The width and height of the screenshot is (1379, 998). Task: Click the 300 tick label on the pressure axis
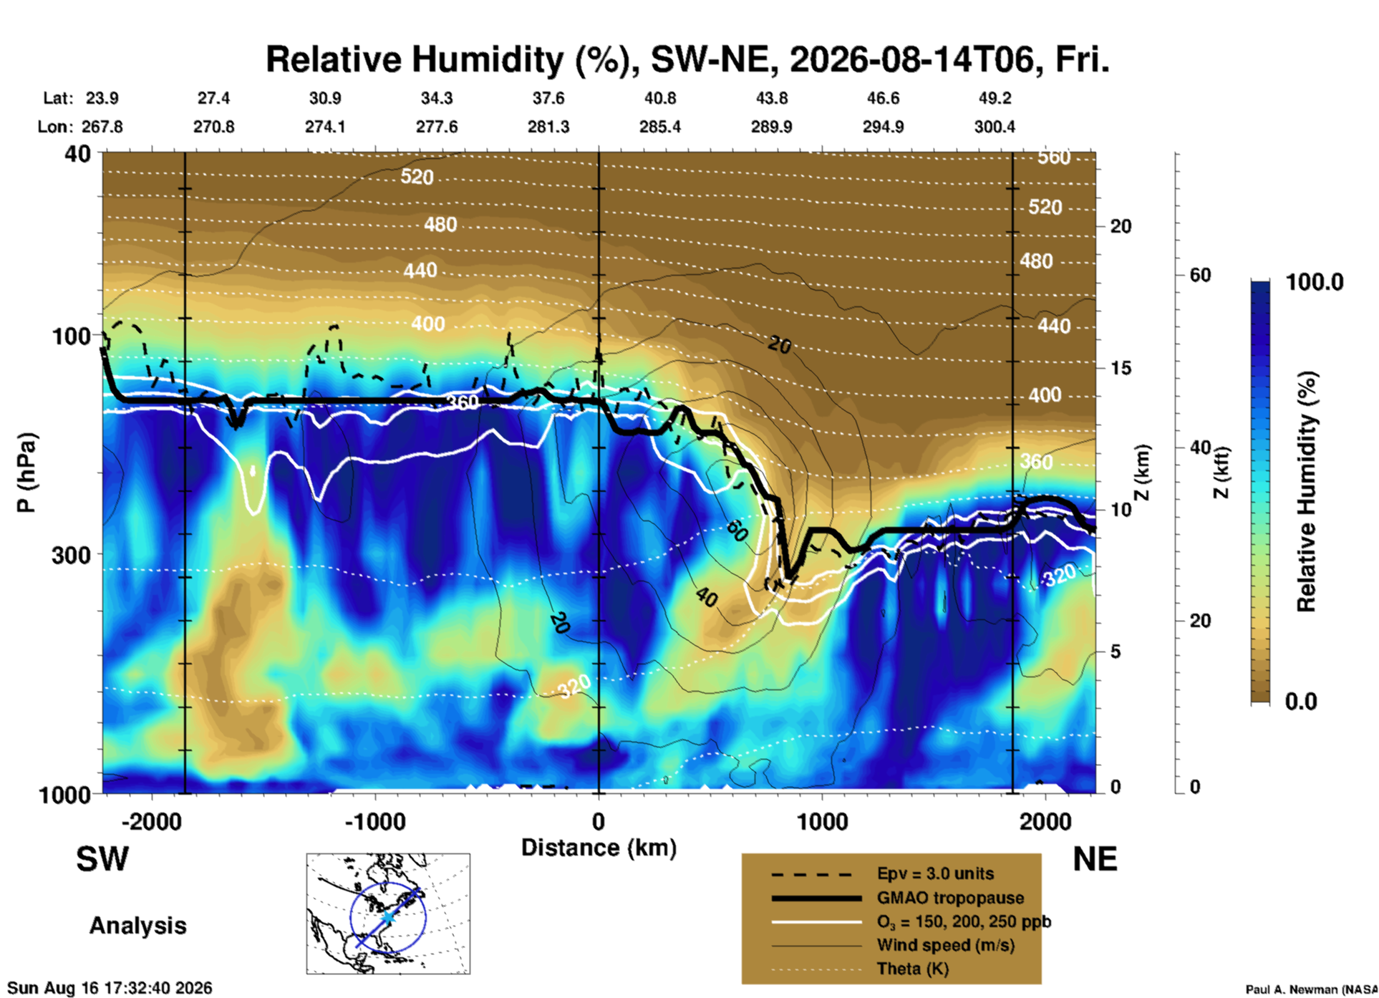pos(72,554)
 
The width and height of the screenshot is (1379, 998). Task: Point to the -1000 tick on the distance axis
pos(374,821)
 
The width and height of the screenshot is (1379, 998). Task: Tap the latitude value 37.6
pos(548,98)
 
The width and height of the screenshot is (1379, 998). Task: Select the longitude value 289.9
pos(771,127)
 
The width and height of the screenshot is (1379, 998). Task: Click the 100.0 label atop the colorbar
pos(1315,282)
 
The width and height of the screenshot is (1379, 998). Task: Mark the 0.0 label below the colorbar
pos(1301,701)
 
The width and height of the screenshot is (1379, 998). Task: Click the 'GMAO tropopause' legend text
pos(950,898)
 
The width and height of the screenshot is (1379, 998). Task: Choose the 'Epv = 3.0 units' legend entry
pos(935,874)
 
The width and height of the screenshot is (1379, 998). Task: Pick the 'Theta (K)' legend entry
pos(912,969)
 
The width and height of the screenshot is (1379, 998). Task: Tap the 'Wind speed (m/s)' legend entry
pos(945,945)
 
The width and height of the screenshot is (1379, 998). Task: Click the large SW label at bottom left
pos(102,859)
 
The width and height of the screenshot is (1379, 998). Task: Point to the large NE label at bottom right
pos(1095,859)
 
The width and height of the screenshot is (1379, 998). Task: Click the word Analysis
pos(137,926)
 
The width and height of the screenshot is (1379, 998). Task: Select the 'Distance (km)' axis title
pos(599,848)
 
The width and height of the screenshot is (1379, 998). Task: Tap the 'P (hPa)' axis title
pos(26,473)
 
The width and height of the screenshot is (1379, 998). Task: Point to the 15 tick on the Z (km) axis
pos(1121,368)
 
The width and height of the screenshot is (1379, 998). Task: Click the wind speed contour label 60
pos(737,531)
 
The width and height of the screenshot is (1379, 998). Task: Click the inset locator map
pos(388,914)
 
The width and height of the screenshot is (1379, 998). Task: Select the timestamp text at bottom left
pos(110,988)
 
